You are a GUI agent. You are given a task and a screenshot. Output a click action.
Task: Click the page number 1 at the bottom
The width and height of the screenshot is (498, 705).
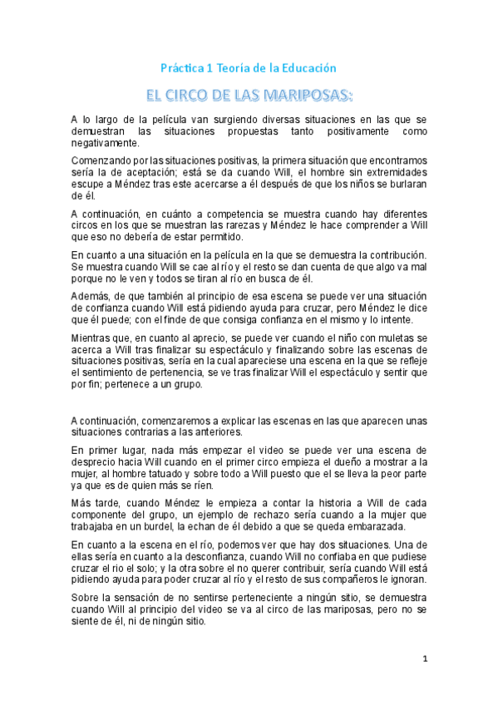[x=425, y=659]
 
